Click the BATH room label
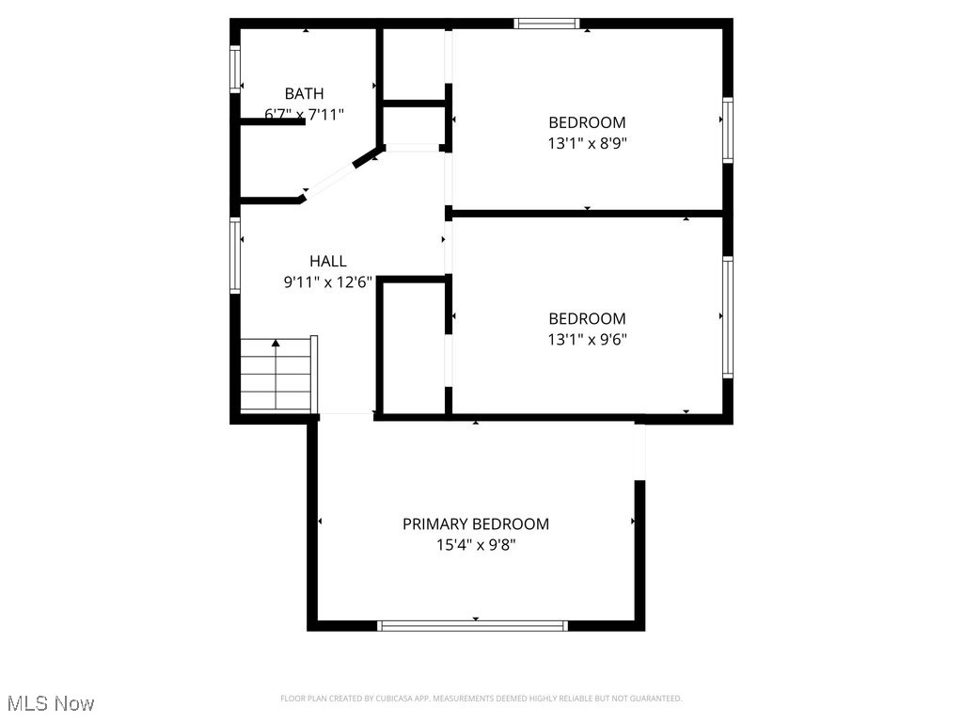[304, 93]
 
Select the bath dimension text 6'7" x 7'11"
[304, 115]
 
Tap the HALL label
[327, 261]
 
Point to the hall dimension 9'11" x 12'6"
[327, 281]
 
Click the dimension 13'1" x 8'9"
[587, 143]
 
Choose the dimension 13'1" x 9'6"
[587, 339]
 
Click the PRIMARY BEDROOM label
[475, 523]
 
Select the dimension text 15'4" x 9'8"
[475, 544]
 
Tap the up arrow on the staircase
[276, 345]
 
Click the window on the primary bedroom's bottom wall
[472, 625]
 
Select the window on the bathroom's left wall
[236, 70]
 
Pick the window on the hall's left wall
[236, 255]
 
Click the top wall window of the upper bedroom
[546, 24]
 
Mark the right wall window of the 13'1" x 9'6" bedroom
[728, 317]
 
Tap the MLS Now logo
[50, 703]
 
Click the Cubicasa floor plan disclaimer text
[481, 699]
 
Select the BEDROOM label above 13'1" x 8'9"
[587, 122]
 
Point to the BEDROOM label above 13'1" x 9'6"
[587, 318]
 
